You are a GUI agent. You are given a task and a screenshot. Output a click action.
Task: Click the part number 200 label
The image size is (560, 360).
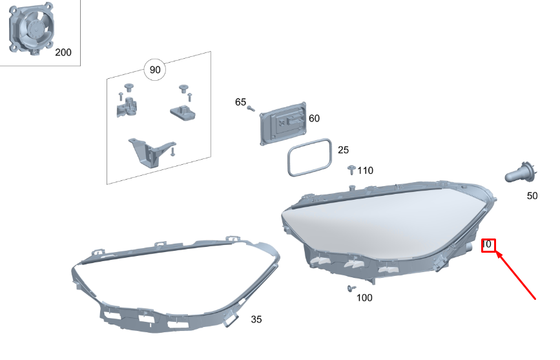click(63, 52)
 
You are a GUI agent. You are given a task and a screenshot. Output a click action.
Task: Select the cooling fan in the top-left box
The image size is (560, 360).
click(32, 28)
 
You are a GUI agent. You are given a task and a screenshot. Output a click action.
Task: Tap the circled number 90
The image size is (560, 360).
click(154, 69)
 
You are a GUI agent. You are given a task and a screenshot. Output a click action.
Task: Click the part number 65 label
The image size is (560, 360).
click(240, 102)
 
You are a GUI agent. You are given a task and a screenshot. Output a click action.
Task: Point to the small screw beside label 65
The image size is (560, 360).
click(251, 109)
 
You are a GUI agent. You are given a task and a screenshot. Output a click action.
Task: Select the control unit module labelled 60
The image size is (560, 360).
click(283, 123)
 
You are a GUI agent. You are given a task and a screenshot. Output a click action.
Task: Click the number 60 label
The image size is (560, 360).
click(314, 118)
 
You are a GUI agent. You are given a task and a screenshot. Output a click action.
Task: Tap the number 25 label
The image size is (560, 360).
click(343, 150)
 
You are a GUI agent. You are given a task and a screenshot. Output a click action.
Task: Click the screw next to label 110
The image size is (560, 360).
click(351, 169)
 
